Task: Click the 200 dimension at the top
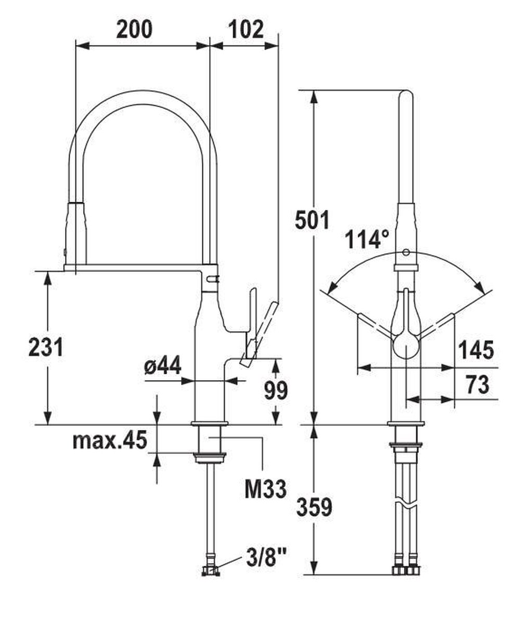click(134, 30)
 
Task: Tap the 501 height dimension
click(312, 220)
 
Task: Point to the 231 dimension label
click(46, 347)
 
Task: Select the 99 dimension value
click(275, 390)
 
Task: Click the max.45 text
click(110, 441)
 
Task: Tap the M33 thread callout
click(266, 489)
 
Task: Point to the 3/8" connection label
click(266, 561)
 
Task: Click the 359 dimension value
click(314, 507)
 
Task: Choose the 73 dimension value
click(477, 385)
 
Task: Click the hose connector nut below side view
click(210, 571)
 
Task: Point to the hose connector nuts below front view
click(406, 570)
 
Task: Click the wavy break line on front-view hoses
click(406, 505)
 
